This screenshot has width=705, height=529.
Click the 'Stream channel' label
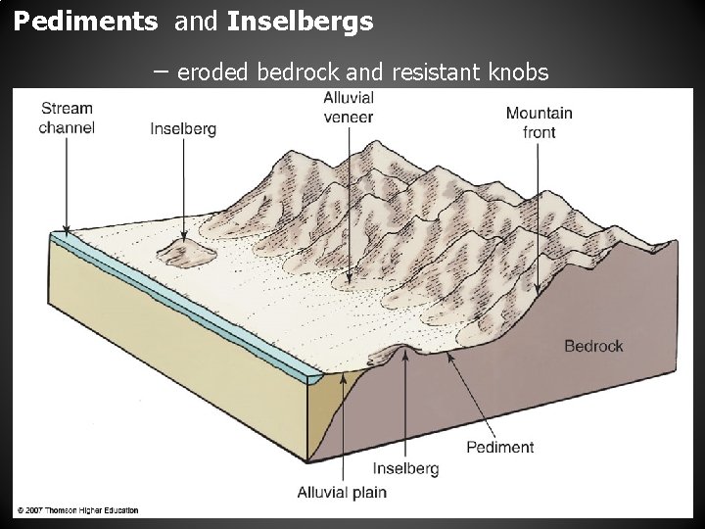68,119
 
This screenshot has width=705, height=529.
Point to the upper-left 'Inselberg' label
183,127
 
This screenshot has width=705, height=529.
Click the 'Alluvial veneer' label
349,108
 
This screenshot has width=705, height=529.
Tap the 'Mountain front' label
539,122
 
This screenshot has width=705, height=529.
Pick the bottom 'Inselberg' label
405,468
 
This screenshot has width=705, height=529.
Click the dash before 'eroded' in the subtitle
160,72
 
